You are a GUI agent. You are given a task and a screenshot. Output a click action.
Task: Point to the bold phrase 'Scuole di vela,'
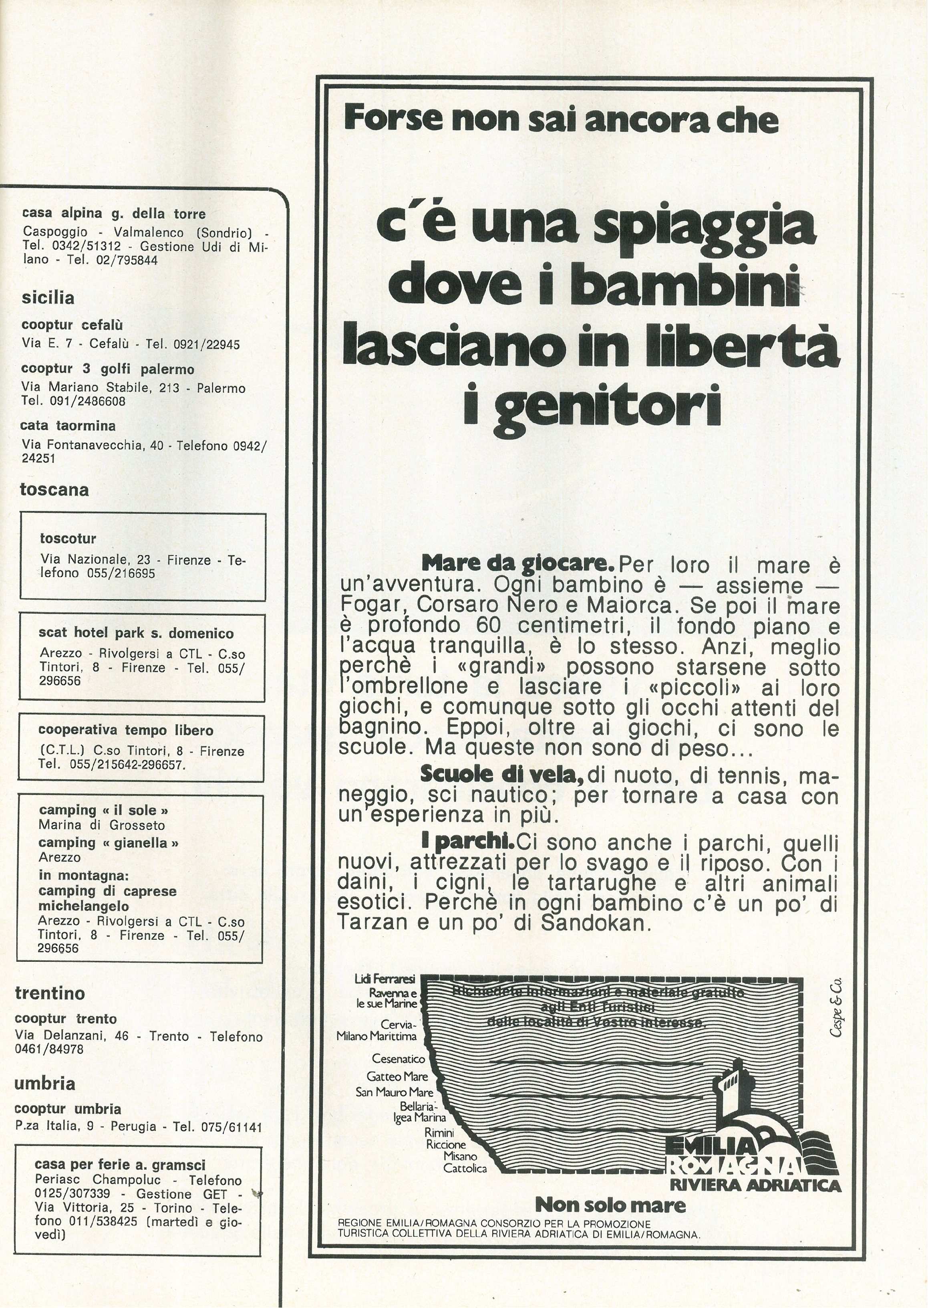(x=502, y=774)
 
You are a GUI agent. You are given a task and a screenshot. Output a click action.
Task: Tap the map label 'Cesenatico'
(x=398, y=1059)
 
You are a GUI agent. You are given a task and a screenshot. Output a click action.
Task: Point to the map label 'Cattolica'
(x=465, y=1169)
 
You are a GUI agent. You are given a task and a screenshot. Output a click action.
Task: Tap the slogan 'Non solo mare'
(x=610, y=1205)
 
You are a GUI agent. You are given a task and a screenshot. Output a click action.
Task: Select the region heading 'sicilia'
(x=48, y=298)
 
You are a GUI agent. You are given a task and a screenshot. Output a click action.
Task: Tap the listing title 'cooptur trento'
(x=66, y=1019)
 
